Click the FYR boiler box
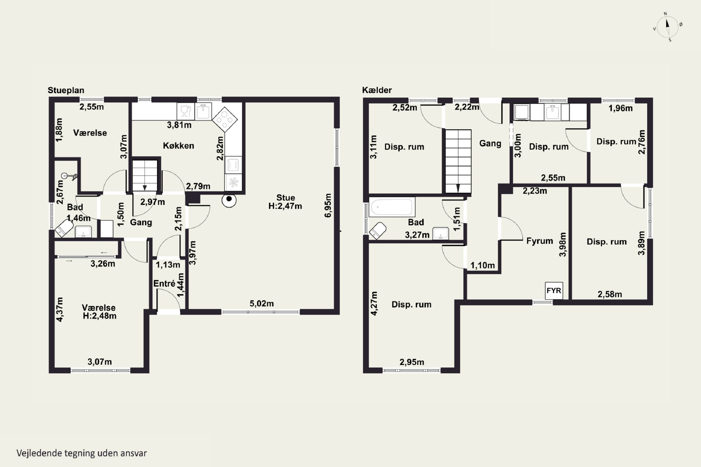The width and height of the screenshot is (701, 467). pyautogui.click(x=554, y=290)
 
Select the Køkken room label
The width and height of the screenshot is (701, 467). pyautogui.click(x=179, y=146)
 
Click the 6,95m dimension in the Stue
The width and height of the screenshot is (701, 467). pyautogui.click(x=328, y=205)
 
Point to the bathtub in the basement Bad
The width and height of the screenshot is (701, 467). pyautogui.click(x=392, y=206)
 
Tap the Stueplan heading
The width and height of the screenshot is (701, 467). pyautogui.click(x=66, y=90)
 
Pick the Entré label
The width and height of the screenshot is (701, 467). pyautogui.click(x=164, y=283)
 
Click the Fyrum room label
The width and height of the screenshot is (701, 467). pyautogui.click(x=540, y=241)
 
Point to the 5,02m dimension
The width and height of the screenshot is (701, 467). pyautogui.click(x=262, y=304)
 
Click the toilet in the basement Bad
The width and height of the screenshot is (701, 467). pyautogui.click(x=378, y=230)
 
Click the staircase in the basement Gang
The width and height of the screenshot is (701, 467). pyautogui.click(x=458, y=161)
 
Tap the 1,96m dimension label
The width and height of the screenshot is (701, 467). pyautogui.click(x=621, y=108)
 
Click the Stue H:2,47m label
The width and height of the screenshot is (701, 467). pyautogui.click(x=285, y=202)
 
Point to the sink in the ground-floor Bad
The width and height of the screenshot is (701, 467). pyautogui.click(x=83, y=232)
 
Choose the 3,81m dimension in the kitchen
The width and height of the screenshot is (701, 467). pyautogui.click(x=179, y=125)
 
